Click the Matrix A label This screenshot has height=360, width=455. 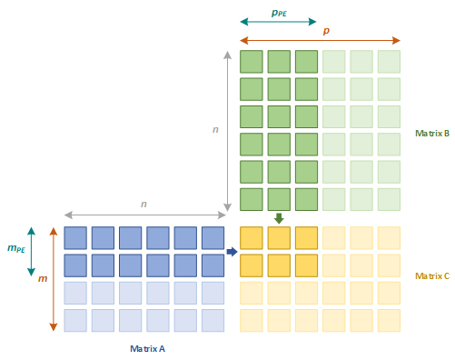point(147,348)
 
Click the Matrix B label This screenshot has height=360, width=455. point(431,133)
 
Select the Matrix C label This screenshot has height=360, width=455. point(431,275)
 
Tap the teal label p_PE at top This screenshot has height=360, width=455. point(280,13)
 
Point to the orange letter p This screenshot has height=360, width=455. point(326,31)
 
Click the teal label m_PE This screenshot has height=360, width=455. point(15,248)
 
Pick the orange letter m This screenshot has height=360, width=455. point(42,278)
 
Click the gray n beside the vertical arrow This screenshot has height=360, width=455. point(215,129)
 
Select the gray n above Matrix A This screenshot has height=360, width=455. point(143,204)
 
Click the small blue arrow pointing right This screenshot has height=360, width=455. point(232,252)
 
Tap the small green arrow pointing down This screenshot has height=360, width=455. point(279,218)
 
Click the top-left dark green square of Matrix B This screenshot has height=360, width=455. point(251,62)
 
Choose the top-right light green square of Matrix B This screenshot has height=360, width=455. point(389,62)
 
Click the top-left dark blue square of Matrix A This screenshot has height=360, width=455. point(75,238)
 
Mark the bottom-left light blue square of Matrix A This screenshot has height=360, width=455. point(75,320)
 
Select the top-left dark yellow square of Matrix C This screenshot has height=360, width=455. point(251,238)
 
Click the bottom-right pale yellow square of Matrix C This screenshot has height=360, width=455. point(389,320)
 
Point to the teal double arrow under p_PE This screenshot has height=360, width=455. point(278,21)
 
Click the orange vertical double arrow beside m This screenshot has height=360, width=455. point(54,279)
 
